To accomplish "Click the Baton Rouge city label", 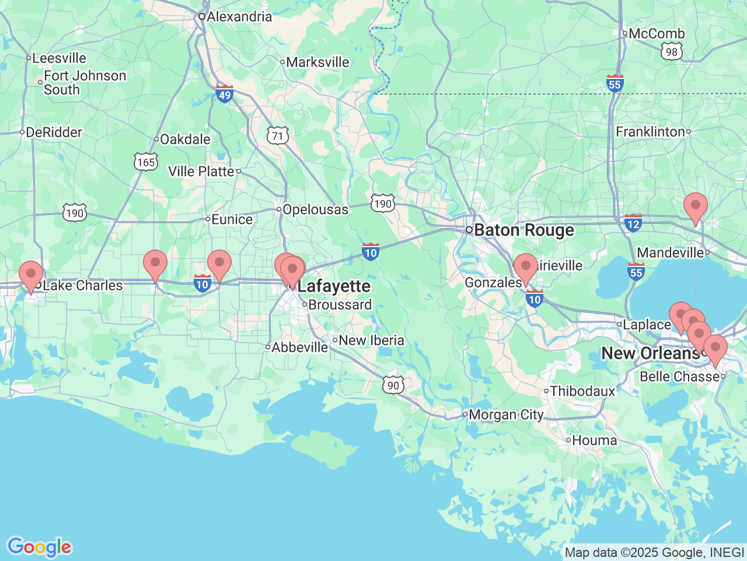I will (x=523, y=230).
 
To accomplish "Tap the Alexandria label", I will (x=239, y=16).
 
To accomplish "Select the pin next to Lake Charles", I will (x=30, y=273).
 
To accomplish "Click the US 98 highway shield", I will (x=672, y=52).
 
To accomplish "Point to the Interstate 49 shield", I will (x=225, y=93).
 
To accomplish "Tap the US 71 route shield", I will (x=278, y=136).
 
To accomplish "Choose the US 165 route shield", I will (x=146, y=161).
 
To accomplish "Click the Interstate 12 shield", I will (x=633, y=223).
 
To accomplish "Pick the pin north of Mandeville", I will (x=695, y=206).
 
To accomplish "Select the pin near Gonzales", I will (x=525, y=266).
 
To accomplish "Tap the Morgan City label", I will (x=506, y=415).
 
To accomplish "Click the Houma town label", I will (x=594, y=441).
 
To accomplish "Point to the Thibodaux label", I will (x=582, y=391).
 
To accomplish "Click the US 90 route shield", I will (x=394, y=385).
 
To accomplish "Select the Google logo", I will (x=39, y=547).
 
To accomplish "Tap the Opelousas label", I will (x=315, y=209).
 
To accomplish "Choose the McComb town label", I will (x=656, y=34).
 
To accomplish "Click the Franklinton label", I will (x=650, y=131).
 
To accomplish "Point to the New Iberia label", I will (x=371, y=340).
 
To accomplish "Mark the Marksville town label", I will (x=317, y=62).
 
